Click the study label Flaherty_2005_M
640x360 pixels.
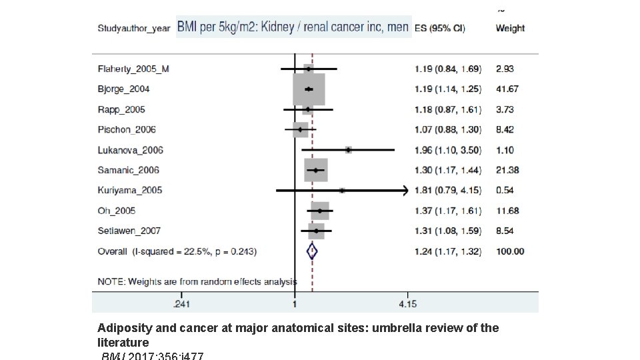pyautogui.click(x=133, y=69)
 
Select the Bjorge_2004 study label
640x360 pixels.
pyautogui.click(x=123, y=89)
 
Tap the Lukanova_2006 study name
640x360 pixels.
pyautogui.click(x=130, y=150)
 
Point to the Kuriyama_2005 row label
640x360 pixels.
pyautogui.click(x=129, y=190)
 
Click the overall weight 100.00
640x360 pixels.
pyautogui.click(x=510, y=251)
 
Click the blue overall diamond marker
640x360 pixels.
pyautogui.click(x=311, y=251)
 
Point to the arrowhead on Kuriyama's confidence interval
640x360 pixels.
pyautogui.click(x=404, y=191)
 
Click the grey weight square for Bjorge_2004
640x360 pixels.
pyautogui.click(x=309, y=89)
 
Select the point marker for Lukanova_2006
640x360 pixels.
pyautogui.click(x=349, y=150)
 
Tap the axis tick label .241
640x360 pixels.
pyautogui.click(x=181, y=305)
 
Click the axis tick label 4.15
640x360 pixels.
pyautogui.click(x=407, y=305)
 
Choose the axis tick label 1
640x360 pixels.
pyautogui.click(x=295, y=305)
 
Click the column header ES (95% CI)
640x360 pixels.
pyautogui.click(x=440, y=28)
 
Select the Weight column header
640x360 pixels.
pyautogui.click(x=510, y=28)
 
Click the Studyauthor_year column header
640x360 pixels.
pyautogui.click(x=133, y=28)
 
